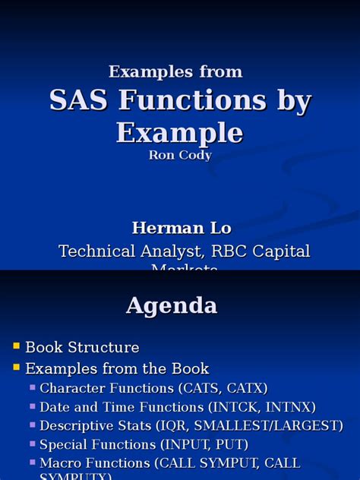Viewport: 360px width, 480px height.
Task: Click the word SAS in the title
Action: [x=77, y=100]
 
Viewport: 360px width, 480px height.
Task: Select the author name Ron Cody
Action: [x=180, y=155]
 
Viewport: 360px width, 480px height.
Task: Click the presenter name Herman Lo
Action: [x=181, y=228]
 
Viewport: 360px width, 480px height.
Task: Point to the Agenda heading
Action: [x=172, y=305]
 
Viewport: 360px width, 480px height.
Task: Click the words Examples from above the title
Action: [x=175, y=71]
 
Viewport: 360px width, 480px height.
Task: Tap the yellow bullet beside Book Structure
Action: [x=16, y=346]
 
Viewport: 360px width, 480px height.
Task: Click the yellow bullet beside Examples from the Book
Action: [x=16, y=368]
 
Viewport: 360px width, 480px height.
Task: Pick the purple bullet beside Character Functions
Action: [x=33, y=387]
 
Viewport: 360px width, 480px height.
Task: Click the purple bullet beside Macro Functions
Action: [x=33, y=462]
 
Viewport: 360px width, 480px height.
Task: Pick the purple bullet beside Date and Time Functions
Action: [x=33, y=406]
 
